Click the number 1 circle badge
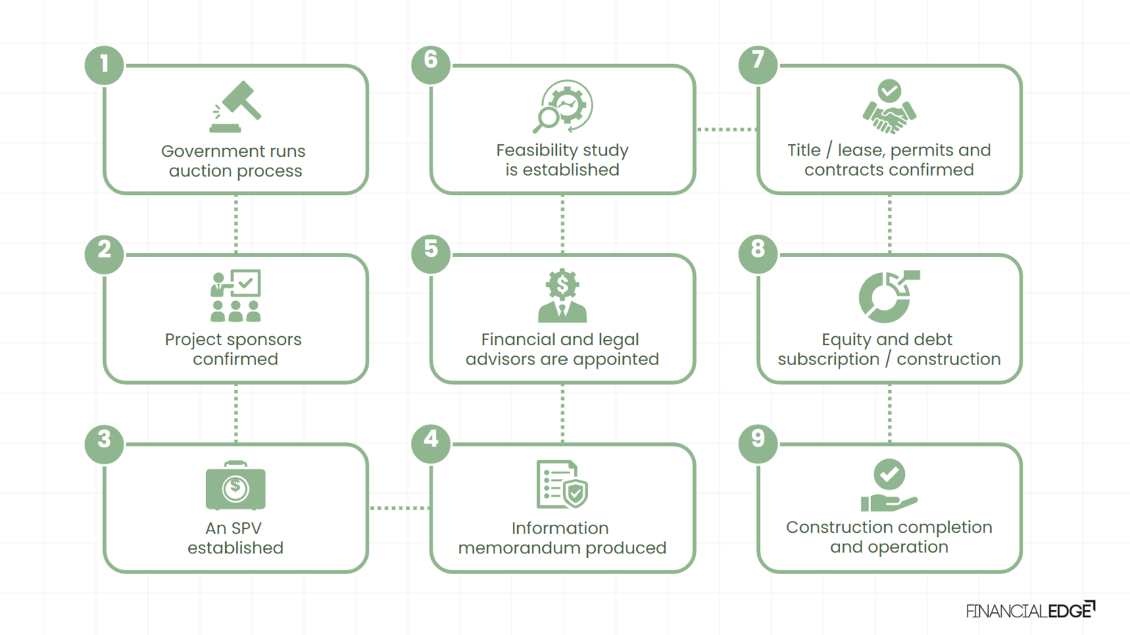[104, 64]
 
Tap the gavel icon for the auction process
[235, 107]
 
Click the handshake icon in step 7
[889, 108]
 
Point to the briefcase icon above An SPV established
[235, 486]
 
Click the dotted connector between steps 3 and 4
[399, 508]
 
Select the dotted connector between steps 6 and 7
[726, 130]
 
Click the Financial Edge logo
[1030, 610]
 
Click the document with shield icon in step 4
[562, 485]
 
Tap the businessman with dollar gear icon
[562, 296]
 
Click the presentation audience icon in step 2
[235, 296]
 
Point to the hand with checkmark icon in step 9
[889, 486]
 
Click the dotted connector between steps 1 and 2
[235, 224]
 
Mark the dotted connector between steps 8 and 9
[889, 413]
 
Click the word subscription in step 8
[828, 359]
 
